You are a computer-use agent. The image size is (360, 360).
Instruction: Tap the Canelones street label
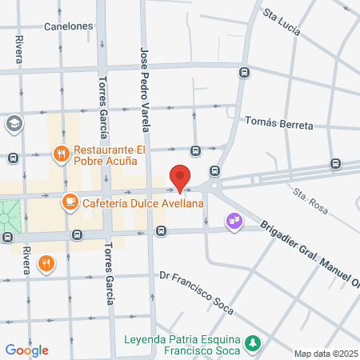point(69,26)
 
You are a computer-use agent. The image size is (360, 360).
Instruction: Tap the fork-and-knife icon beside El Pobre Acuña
point(60,153)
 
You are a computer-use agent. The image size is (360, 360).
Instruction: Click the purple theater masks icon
point(234,218)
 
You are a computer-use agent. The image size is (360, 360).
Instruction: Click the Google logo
point(26,350)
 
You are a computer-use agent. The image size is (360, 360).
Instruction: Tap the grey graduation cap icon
point(14,124)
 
